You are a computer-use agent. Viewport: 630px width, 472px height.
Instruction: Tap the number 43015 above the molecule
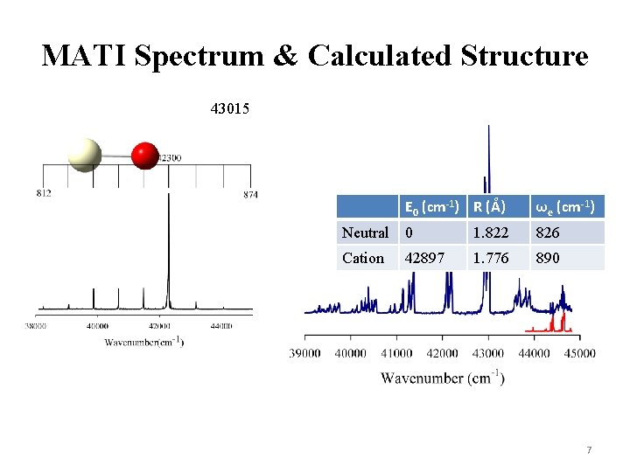[230, 109]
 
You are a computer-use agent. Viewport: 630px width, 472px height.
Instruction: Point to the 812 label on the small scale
[44, 193]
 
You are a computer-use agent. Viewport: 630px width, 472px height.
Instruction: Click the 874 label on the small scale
[250, 194]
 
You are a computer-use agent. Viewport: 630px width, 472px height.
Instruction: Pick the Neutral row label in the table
[365, 233]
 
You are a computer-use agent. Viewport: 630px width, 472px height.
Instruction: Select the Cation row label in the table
[363, 258]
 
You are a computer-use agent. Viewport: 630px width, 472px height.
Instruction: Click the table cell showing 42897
[423, 258]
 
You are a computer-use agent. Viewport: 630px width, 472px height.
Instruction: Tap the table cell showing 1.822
[491, 233]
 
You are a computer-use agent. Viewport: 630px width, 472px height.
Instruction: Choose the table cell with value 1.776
[491, 258]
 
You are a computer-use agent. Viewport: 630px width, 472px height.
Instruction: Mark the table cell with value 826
[548, 233]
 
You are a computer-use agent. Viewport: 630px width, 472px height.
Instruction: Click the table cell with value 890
[548, 258]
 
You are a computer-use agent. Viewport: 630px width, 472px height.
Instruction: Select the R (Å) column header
[490, 207]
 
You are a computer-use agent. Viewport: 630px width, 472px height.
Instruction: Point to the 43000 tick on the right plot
[488, 353]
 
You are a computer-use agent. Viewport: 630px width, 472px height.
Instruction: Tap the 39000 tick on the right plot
[305, 353]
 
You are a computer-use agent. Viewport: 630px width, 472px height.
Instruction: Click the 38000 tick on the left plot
[39, 326]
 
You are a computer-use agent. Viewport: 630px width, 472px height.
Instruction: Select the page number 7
[589, 450]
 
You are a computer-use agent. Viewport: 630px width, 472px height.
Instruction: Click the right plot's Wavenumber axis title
[442, 378]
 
